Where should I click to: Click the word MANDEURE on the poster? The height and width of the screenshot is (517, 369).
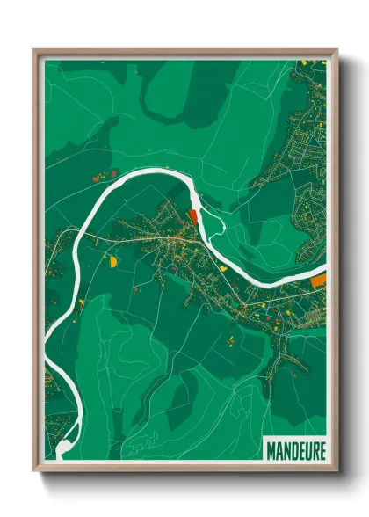click(x=295, y=449)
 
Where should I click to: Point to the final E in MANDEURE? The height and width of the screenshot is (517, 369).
click(x=321, y=449)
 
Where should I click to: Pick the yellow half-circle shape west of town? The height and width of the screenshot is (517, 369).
click(x=112, y=260)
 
